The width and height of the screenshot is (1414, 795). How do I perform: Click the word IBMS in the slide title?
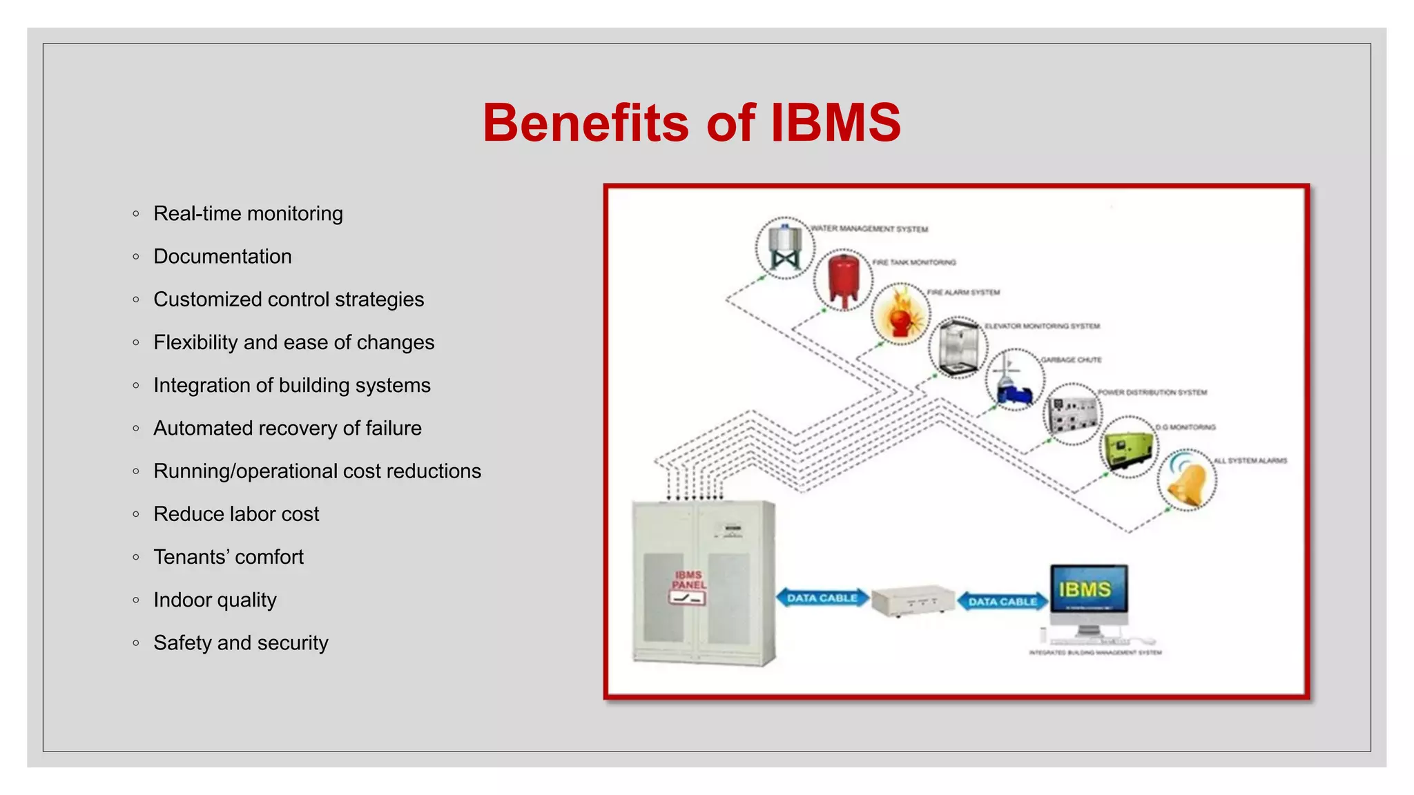click(x=835, y=123)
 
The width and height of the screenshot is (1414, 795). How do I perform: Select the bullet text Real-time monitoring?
click(x=248, y=214)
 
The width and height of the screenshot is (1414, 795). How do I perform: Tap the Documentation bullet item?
click(x=222, y=257)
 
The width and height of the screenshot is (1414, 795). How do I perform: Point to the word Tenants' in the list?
click(x=191, y=557)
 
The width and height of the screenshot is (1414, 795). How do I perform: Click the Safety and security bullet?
click(x=240, y=643)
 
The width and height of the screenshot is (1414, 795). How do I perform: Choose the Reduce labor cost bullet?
click(x=236, y=514)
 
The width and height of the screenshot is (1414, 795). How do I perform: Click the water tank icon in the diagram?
click(x=784, y=248)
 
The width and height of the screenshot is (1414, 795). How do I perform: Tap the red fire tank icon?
click(x=842, y=279)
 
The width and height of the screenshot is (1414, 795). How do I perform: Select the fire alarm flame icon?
click(x=900, y=314)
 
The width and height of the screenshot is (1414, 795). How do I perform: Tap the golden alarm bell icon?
click(x=1187, y=480)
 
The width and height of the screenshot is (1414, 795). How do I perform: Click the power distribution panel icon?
click(x=1072, y=414)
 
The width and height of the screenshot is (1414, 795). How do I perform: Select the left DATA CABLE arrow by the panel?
click(x=822, y=598)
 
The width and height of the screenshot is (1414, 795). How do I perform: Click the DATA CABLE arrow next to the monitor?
click(x=1003, y=602)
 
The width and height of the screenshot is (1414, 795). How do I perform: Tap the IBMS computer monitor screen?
click(x=1088, y=589)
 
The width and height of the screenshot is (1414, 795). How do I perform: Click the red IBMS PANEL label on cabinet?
click(x=688, y=580)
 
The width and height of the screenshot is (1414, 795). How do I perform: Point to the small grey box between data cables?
click(x=913, y=600)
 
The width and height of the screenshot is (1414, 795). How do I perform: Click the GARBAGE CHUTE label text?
click(x=1071, y=360)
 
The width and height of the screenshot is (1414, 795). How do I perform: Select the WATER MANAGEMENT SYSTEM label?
click(x=869, y=229)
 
